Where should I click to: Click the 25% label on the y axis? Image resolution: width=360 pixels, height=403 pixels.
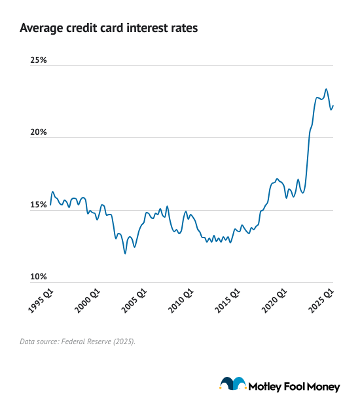click(39, 60)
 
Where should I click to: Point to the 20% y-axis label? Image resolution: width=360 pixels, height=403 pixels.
click(39, 132)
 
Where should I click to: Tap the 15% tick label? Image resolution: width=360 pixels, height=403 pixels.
click(39, 205)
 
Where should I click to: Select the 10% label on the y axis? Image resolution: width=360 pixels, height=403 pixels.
click(39, 277)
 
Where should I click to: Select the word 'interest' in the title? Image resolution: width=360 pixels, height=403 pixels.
click(152, 29)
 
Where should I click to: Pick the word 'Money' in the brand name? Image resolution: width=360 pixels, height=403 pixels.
click(324, 387)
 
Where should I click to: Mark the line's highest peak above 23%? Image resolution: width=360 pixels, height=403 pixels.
click(327, 89)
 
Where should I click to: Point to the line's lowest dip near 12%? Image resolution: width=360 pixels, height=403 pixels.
click(125, 253)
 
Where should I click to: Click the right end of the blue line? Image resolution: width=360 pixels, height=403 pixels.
click(333, 106)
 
